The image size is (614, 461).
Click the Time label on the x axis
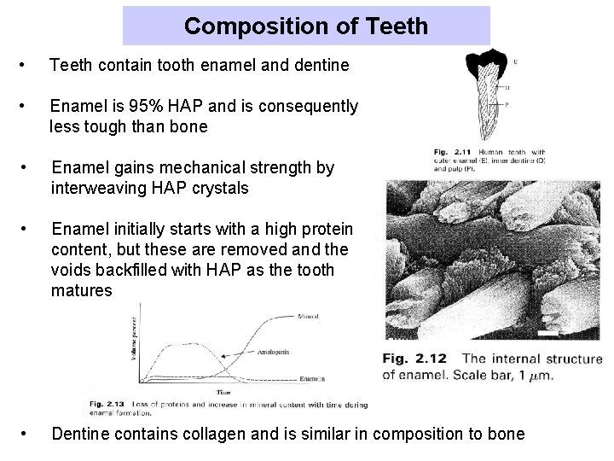pos(223,392)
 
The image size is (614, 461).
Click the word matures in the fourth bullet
pos(81,289)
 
